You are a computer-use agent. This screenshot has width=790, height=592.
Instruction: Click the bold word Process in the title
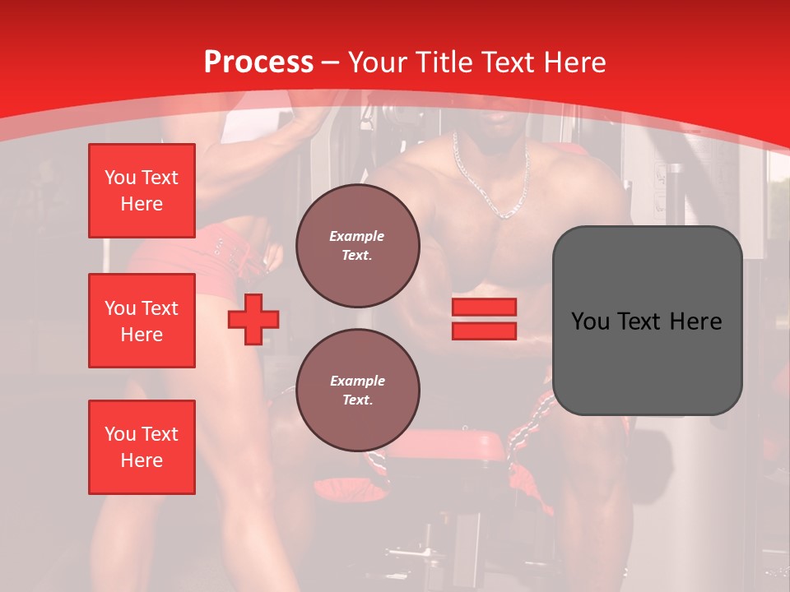[x=258, y=62]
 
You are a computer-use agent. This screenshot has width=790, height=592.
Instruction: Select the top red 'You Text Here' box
[x=142, y=192]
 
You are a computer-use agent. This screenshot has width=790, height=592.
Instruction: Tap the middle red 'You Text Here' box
[x=142, y=321]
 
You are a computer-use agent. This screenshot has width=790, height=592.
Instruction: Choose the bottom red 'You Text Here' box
[x=142, y=447]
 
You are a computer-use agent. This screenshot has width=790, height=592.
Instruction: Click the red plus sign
[x=253, y=319]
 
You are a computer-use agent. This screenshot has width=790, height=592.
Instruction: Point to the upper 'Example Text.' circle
[x=357, y=245]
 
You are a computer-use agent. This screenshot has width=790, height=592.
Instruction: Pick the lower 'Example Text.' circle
[x=357, y=390]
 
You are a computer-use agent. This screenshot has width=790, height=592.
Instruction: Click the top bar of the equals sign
[x=484, y=308]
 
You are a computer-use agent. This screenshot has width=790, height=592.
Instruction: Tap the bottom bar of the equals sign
[x=484, y=331]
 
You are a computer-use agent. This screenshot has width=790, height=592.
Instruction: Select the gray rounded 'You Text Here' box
[x=647, y=321]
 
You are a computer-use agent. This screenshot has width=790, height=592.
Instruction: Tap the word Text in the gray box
[x=642, y=321]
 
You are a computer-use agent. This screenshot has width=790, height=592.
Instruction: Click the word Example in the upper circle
[x=357, y=236]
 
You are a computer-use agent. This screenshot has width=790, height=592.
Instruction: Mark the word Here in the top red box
[x=142, y=204]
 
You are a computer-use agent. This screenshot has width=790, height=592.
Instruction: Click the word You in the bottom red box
[x=120, y=434]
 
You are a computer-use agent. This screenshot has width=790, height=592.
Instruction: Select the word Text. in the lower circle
[x=357, y=400]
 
